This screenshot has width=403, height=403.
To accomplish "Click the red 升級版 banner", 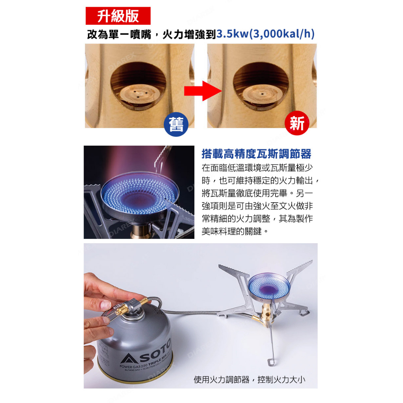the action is pyautogui.click(x=118, y=16).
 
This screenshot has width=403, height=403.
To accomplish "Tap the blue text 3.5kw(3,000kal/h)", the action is pyautogui.click(x=266, y=34).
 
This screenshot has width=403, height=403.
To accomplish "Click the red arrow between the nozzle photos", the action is pyautogui.click(x=203, y=91).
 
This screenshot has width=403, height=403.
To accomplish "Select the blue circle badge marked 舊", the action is pyautogui.click(x=176, y=124).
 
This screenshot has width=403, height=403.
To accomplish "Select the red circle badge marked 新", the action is pyautogui.click(x=297, y=123).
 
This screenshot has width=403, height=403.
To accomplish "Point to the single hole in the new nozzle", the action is pyautogui.click(x=262, y=94).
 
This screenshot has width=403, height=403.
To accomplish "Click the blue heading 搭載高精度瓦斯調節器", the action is pyautogui.click(x=256, y=154).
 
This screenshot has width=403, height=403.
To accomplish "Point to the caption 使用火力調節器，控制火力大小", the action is pyautogui.click(x=250, y=379).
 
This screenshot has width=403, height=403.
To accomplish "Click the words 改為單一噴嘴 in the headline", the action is pyautogui.click(x=119, y=35).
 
